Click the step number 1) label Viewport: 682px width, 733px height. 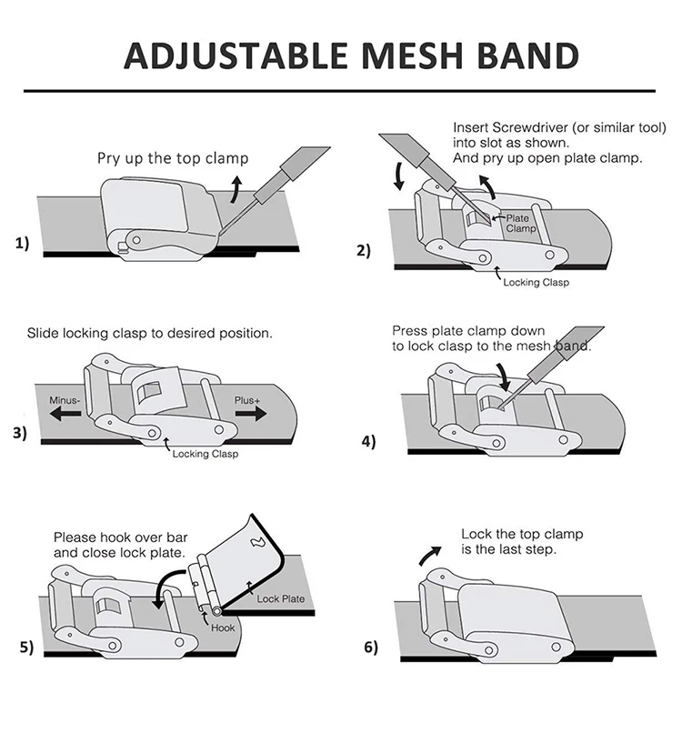(x=22, y=243)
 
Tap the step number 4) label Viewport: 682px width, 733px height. (x=368, y=441)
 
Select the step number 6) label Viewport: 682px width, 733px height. (x=371, y=647)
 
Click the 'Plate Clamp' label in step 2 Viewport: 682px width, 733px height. (x=520, y=224)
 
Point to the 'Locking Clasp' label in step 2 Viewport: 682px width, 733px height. (x=537, y=282)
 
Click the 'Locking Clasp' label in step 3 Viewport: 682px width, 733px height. (x=206, y=454)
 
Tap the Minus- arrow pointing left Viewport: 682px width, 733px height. (x=65, y=413)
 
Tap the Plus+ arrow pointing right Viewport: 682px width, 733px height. (x=251, y=413)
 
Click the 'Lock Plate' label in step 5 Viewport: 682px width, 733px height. (x=280, y=598)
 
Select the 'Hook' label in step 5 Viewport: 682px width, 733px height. (x=223, y=628)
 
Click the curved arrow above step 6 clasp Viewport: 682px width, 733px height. (x=429, y=555)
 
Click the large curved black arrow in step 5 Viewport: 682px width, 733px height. (x=168, y=588)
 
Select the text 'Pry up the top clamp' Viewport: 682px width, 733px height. (x=173, y=158)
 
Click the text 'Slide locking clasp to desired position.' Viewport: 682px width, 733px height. (x=149, y=334)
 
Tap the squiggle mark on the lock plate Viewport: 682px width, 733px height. (x=257, y=542)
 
